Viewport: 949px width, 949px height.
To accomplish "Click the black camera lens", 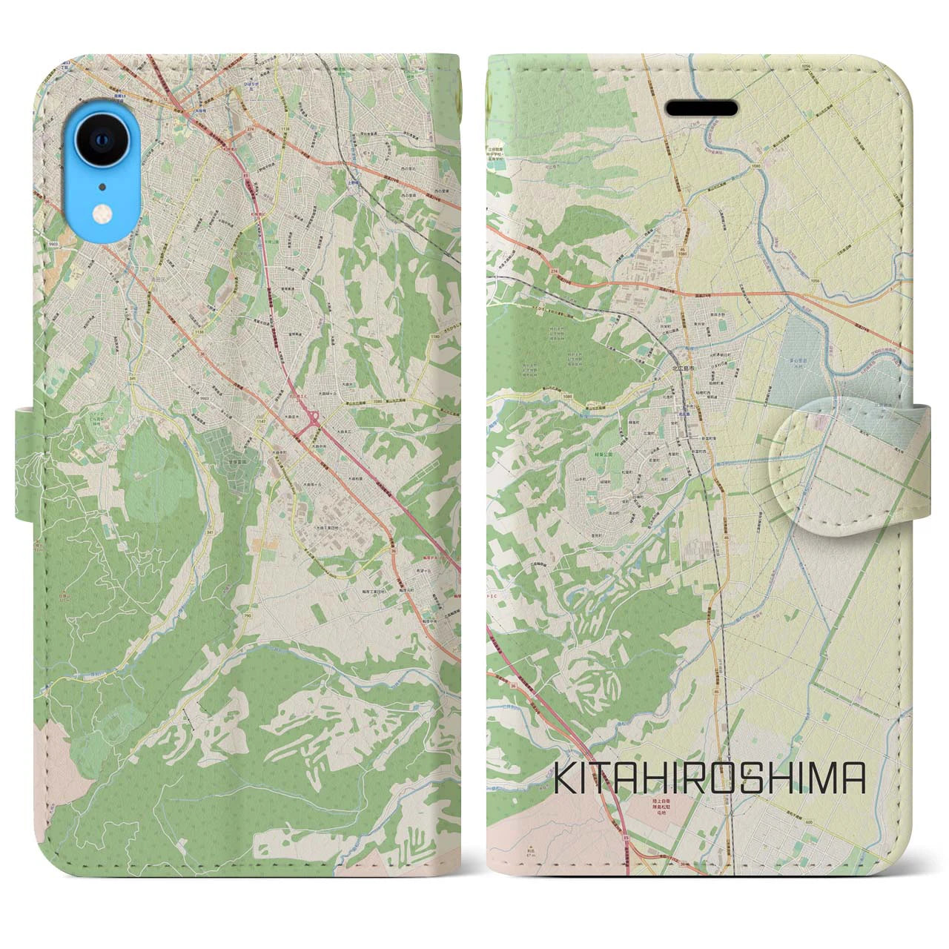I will tap(100, 139).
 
